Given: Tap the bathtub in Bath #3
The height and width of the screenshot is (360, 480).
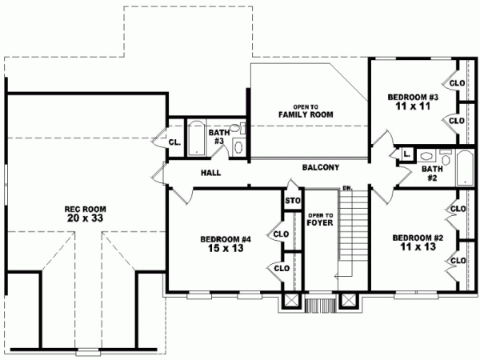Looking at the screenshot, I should click(197, 136).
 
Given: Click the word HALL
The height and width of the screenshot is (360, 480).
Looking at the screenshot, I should click(211, 172).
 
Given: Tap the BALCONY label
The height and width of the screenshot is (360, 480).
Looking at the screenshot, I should click(321, 168).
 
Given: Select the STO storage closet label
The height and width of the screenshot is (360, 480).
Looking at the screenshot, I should click(292, 201).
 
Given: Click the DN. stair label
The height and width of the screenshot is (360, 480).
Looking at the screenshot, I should click(348, 188).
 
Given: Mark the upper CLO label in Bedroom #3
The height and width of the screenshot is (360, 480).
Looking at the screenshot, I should click(457, 83).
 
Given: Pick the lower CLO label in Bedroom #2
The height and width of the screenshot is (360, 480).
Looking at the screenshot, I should click(458, 260).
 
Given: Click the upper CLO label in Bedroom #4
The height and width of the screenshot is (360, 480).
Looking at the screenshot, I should click(281, 234).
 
